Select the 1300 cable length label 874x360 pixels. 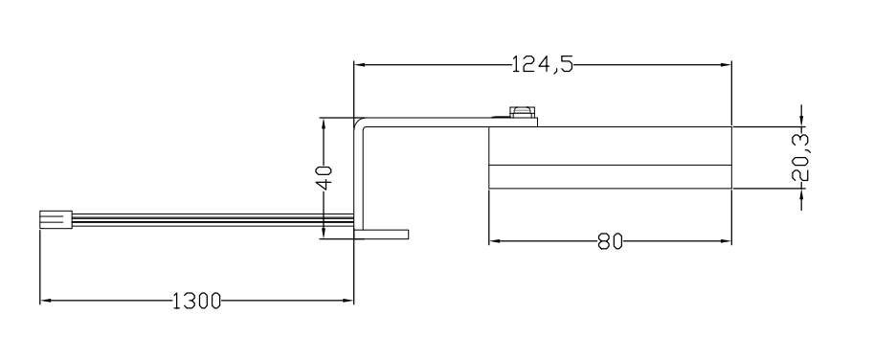[x=197, y=301]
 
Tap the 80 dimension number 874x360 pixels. [x=611, y=242]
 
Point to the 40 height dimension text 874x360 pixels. [x=325, y=177]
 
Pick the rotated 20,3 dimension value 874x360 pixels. [x=801, y=157]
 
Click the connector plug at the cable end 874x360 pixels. [x=56, y=219]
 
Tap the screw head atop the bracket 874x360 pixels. [x=521, y=112]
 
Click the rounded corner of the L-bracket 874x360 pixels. [x=359, y=123]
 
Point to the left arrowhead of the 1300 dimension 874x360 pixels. [x=46, y=301]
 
